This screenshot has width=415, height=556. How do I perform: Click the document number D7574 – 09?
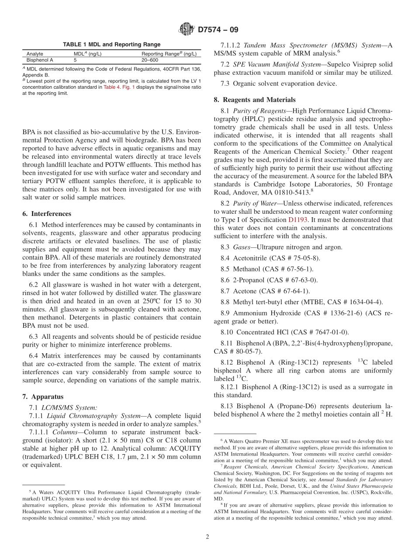click(218, 30)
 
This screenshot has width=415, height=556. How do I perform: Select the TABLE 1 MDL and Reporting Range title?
click(111, 45)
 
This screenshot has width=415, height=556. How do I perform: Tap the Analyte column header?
click(35, 54)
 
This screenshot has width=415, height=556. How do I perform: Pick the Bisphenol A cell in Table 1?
click(40, 60)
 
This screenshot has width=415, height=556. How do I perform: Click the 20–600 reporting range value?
click(150, 60)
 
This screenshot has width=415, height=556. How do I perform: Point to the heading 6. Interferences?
click(47, 214)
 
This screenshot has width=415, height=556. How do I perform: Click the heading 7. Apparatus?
click(43, 396)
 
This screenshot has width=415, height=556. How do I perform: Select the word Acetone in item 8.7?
click(246, 291)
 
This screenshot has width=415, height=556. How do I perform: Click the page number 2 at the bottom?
click(207, 537)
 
